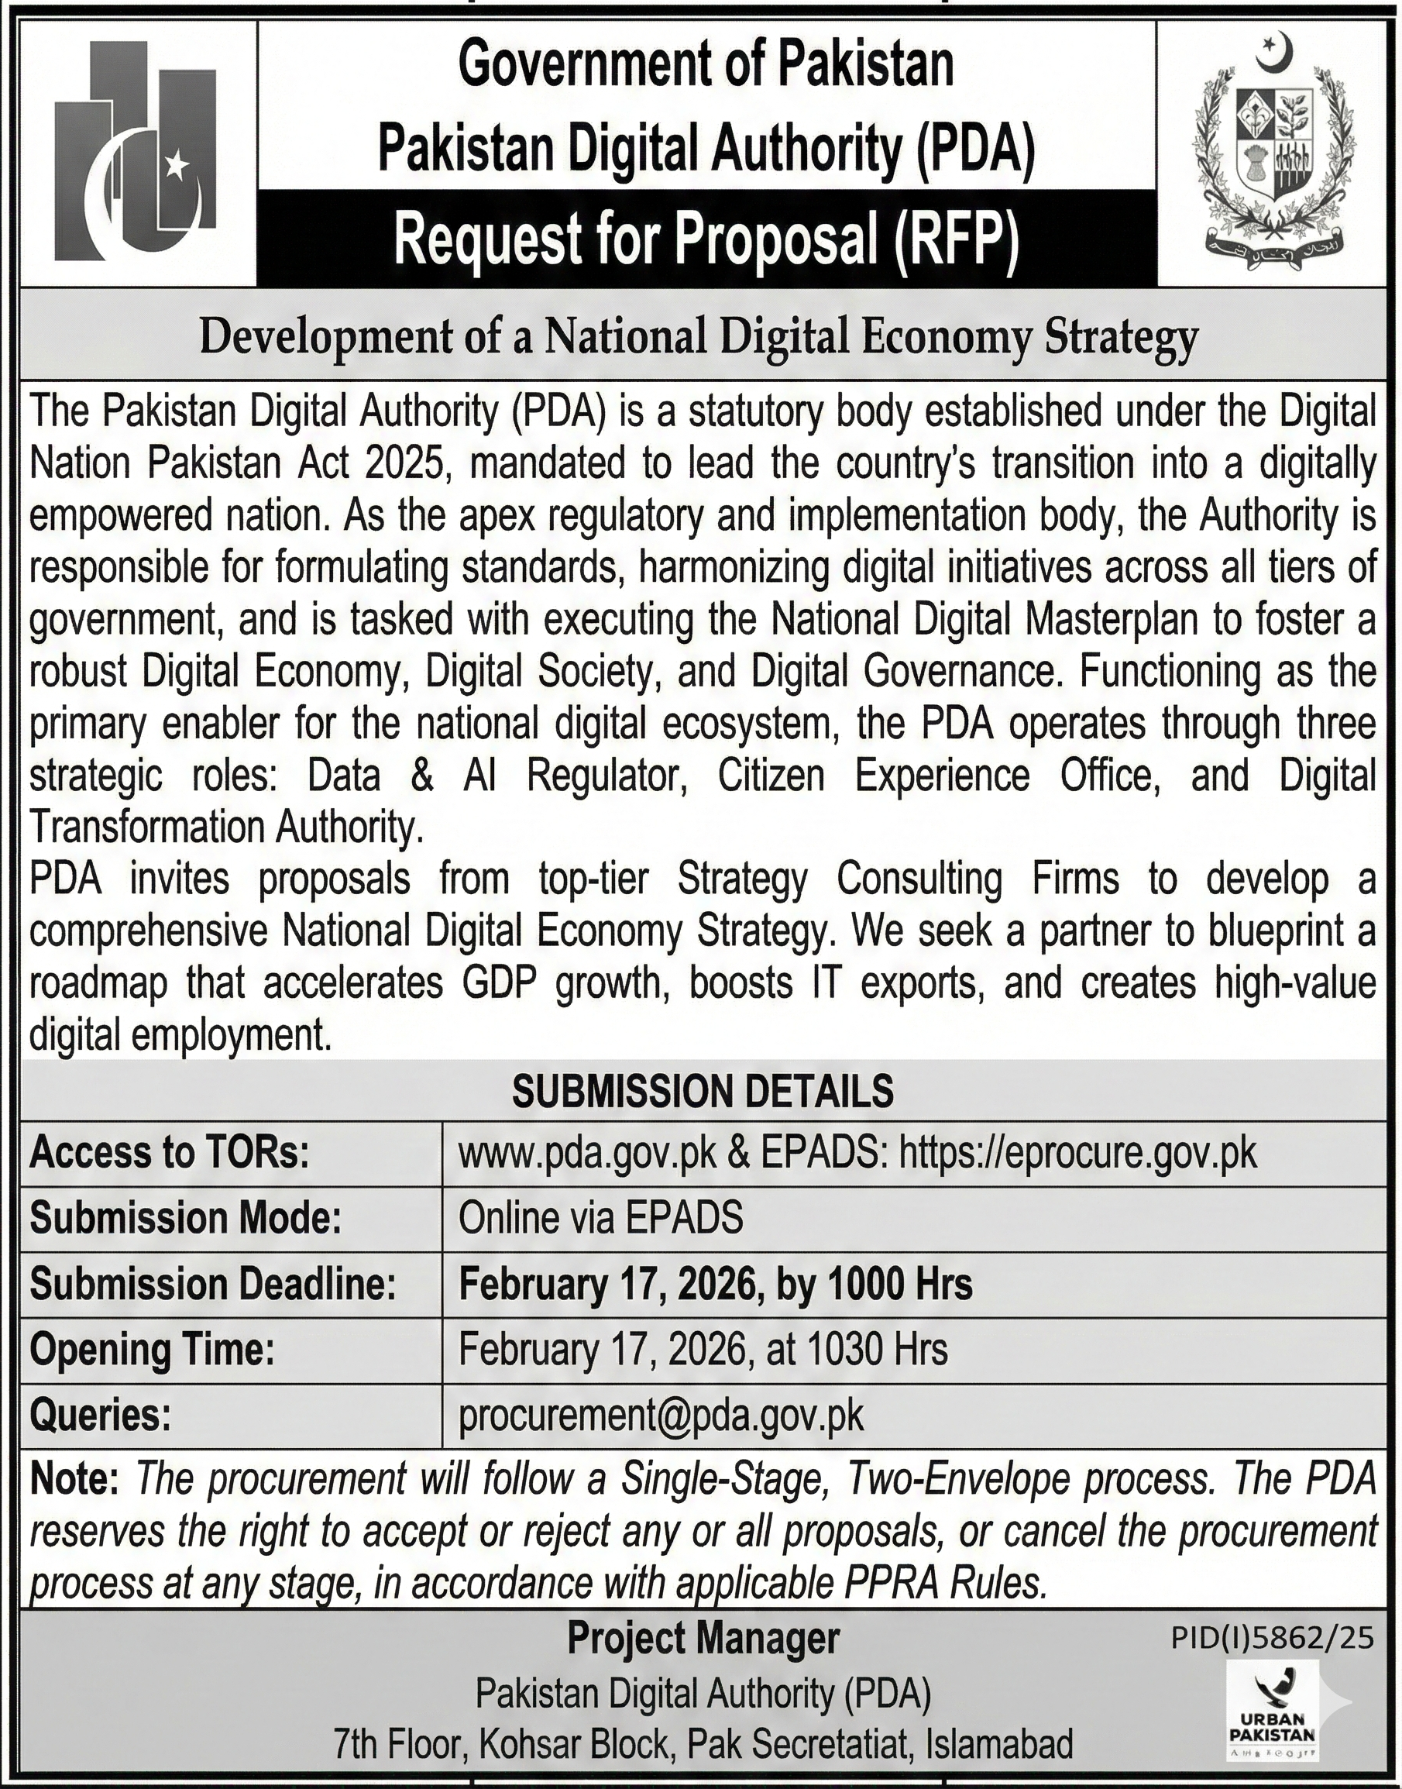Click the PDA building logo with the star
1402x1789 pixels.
click(136, 153)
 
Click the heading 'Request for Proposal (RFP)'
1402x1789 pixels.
click(706, 239)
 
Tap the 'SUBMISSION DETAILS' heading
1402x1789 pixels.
click(703, 1091)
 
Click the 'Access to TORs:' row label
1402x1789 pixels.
click(170, 1154)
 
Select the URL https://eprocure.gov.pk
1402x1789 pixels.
click(1077, 1154)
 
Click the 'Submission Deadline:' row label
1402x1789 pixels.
click(212, 1284)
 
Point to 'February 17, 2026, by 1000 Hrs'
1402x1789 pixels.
click(715, 1284)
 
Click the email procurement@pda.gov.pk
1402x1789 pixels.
click(661, 1415)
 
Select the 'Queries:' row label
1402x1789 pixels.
click(100, 1416)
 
